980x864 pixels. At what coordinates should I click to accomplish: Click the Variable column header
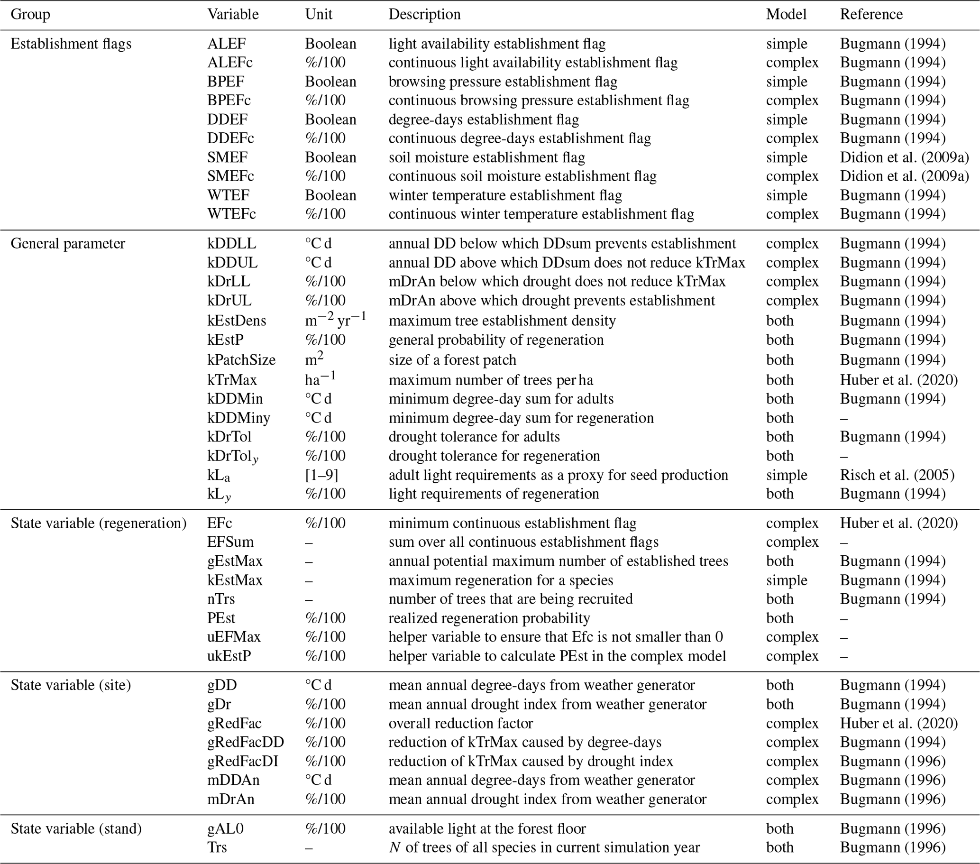(x=232, y=14)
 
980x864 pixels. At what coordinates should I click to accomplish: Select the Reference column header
(x=870, y=14)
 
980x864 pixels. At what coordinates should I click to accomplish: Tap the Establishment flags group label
(x=71, y=44)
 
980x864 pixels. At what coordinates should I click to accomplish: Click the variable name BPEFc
(x=229, y=101)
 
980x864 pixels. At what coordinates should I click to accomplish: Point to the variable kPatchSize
(x=241, y=360)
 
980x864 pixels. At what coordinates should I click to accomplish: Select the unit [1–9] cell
(x=321, y=475)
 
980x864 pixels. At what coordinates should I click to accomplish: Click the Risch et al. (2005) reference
(x=897, y=475)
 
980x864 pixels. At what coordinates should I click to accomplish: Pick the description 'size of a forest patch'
(x=452, y=360)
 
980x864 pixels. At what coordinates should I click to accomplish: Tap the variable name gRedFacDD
(x=246, y=742)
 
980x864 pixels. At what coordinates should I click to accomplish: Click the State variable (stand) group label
(x=76, y=828)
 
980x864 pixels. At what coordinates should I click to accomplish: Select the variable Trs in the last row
(x=217, y=847)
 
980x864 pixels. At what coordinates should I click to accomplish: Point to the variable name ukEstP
(x=229, y=656)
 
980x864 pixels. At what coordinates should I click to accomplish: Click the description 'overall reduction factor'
(x=460, y=723)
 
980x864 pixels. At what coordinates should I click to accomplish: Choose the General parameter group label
(x=68, y=244)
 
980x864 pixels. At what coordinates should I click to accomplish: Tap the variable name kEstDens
(x=237, y=321)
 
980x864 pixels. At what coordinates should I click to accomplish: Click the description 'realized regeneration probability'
(x=489, y=618)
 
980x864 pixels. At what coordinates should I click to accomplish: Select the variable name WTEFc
(x=231, y=214)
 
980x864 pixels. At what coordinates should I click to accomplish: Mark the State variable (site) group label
(x=71, y=685)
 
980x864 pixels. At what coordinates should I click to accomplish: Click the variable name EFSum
(x=230, y=542)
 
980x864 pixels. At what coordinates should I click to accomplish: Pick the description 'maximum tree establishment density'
(x=502, y=321)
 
